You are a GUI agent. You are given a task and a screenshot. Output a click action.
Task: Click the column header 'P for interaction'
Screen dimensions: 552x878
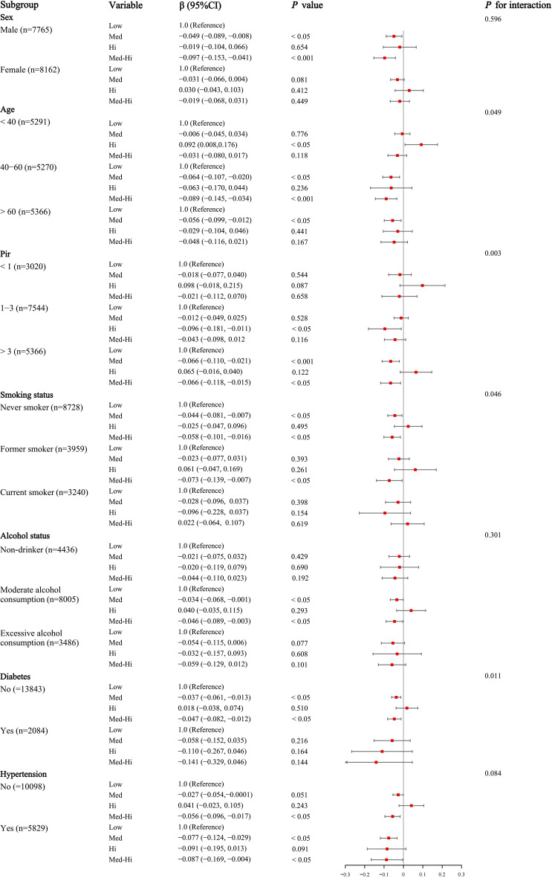pos(518,5)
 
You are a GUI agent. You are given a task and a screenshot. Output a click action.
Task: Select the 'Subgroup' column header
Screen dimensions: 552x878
pos(19,5)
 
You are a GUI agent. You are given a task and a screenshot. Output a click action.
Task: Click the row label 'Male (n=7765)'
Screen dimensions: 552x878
pos(26,30)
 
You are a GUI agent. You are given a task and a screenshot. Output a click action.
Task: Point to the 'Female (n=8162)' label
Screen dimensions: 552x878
pos(30,70)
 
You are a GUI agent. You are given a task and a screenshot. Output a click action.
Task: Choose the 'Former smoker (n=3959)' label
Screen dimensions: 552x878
pos(44,449)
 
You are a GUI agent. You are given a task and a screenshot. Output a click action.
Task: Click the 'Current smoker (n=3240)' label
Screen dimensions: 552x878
pos(45,493)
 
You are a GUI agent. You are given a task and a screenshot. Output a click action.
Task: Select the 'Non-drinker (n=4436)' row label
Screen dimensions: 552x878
pos(39,550)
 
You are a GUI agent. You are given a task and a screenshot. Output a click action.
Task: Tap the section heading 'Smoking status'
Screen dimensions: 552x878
pos(27,396)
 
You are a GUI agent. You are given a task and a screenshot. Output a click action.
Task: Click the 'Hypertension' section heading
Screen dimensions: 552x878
pos(24,775)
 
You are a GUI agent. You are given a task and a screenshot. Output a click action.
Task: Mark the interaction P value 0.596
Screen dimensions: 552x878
pos(493,19)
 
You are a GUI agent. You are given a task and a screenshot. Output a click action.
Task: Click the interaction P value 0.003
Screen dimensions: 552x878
pos(493,253)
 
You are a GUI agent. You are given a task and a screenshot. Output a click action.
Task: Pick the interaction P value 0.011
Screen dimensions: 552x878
pos(493,676)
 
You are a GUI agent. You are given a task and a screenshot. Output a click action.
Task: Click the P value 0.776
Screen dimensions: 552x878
pos(299,135)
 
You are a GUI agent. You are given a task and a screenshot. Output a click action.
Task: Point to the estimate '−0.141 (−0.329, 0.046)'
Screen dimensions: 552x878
pos(212,762)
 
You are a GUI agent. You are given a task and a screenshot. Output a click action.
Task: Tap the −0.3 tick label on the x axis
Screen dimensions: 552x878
pos(345,874)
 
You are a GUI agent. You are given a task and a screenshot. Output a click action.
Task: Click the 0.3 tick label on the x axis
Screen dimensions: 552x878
pos(461,874)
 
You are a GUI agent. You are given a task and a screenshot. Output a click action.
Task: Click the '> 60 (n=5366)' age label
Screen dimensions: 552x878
pos(25,212)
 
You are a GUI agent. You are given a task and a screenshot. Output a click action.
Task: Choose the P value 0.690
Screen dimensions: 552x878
pos(299,568)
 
